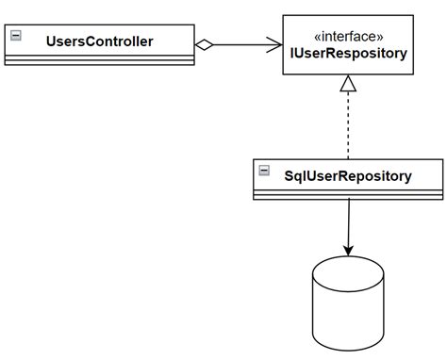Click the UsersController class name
100,41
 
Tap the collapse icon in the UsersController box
15,36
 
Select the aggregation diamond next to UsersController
205,43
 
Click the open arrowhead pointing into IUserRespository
274,43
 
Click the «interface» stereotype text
349,35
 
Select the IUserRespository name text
349,54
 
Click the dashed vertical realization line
349,127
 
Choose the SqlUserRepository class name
349,174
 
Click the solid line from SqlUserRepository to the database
349,221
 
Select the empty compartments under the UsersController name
100,60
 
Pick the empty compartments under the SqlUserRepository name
349,193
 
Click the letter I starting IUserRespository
294,54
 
